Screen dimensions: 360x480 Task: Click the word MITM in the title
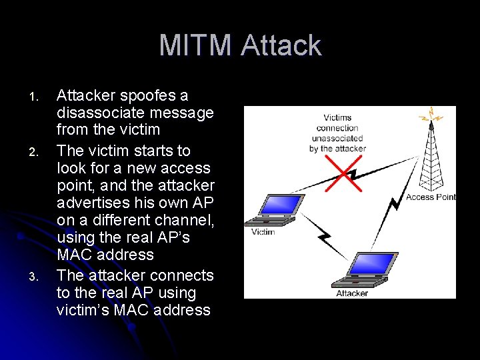(197, 46)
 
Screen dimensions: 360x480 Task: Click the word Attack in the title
(281, 46)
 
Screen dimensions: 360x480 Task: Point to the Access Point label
(430, 197)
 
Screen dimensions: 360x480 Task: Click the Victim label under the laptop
(263, 232)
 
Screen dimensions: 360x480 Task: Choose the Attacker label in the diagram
(351, 293)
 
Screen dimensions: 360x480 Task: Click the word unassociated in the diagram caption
(337, 138)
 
